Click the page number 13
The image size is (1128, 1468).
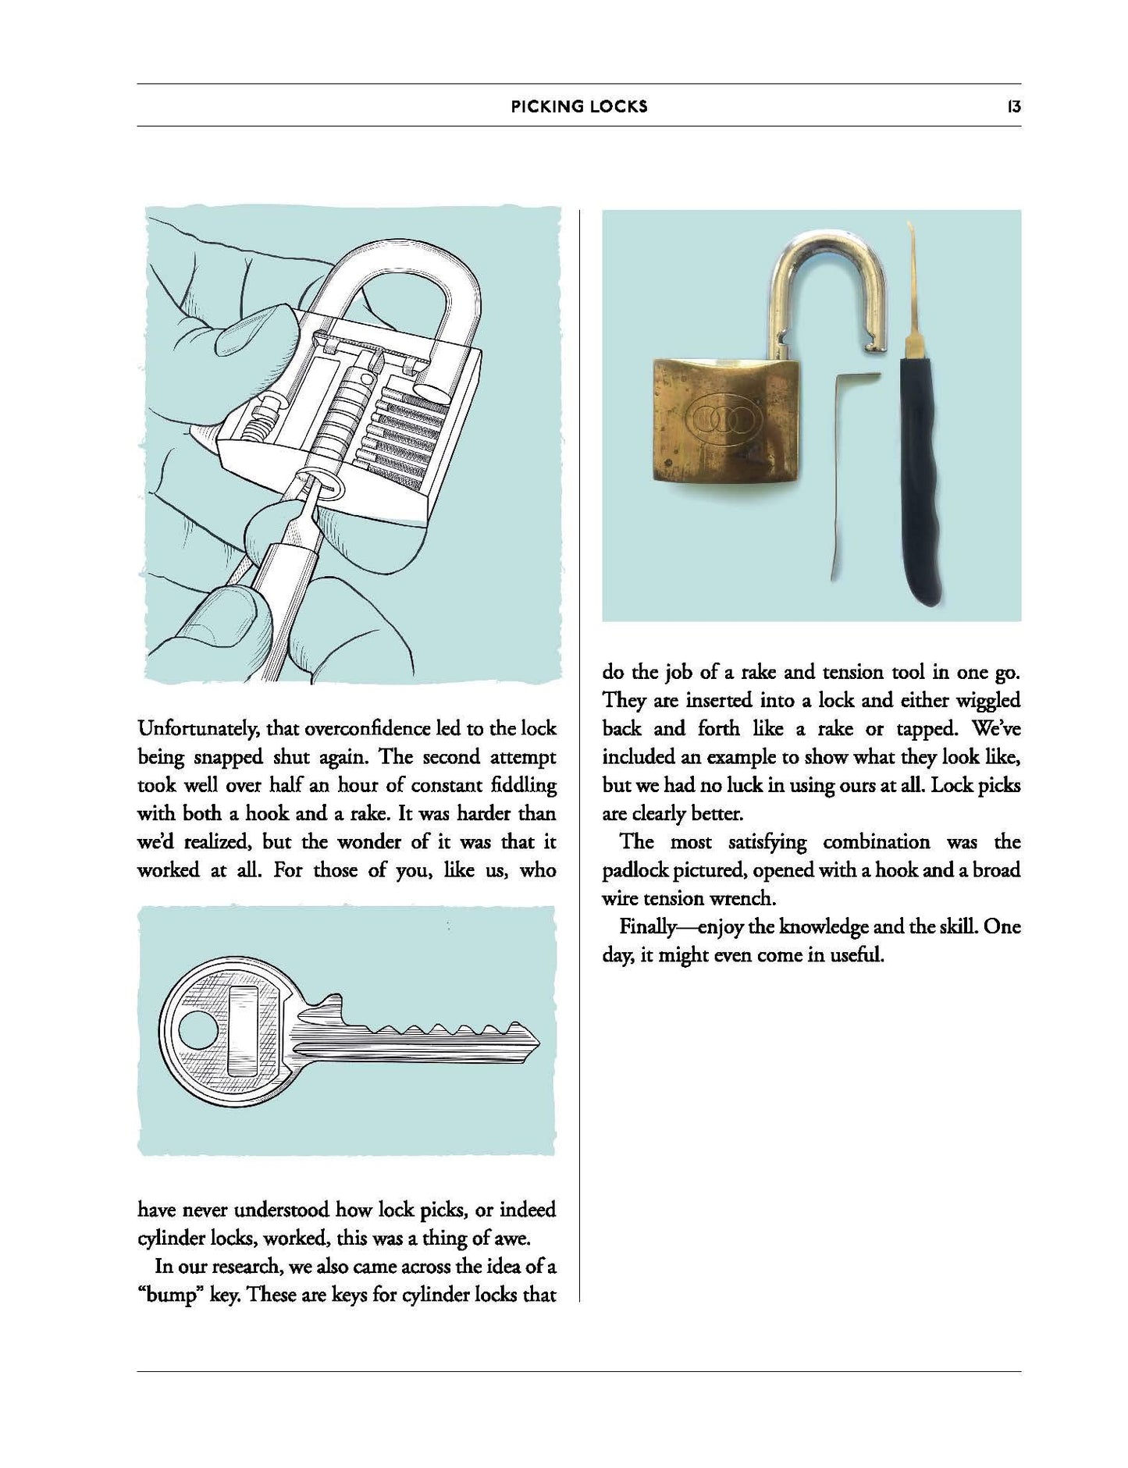[1013, 107]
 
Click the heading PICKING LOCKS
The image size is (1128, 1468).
[579, 107]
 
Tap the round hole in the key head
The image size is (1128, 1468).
[194, 1032]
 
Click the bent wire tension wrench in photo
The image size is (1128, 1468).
[843, 468]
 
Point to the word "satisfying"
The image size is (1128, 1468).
[760, 842]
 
